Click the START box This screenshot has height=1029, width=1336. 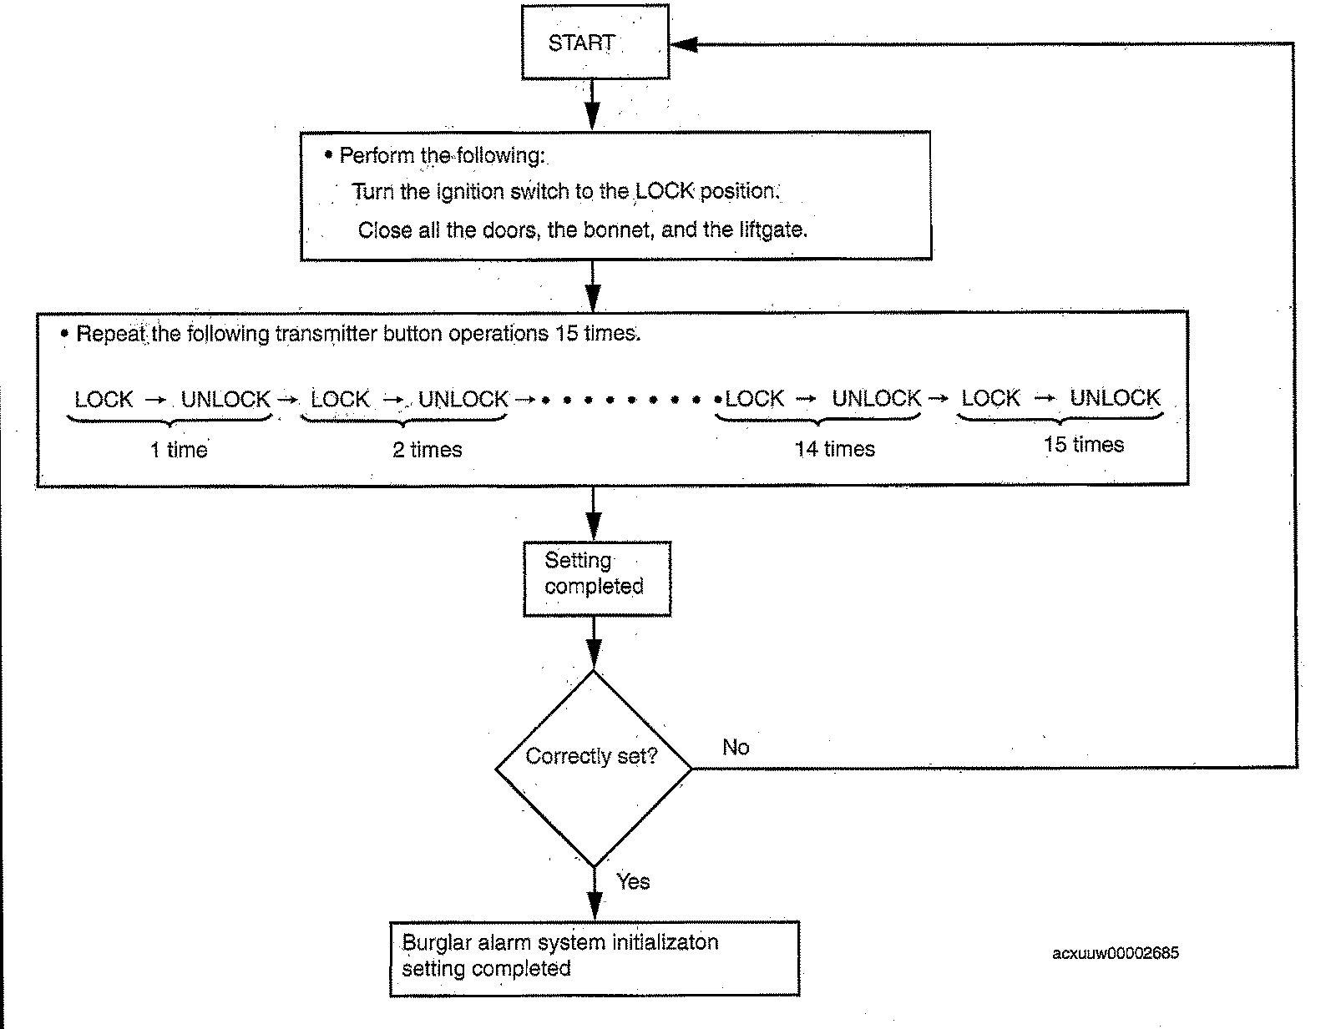pyautogui.click(x=595, y=43)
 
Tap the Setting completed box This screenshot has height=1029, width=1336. pyautogui.click(x=597, y=578)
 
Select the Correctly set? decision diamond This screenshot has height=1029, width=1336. pyautogui.click(x=594, y=768)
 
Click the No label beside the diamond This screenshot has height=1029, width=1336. pyautogui.click(x=736, y=747)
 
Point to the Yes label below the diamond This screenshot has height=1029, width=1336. pyautogui.click(x=633, y=881)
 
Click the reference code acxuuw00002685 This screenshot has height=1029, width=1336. pyautogui.click(x=1116, y=953)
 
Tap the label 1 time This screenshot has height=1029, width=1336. pyautogui.click(x=179, y=450)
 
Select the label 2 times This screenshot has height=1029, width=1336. pyautogui.click(x=428, y=450)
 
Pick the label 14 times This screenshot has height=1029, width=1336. pyautogui.click(x=834, y=449)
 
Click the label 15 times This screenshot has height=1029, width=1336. pyautogui.click(x=1083, y=444)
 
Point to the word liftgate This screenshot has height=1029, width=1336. pyautogui.click(x=773, y=230)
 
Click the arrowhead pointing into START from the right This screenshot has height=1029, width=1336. pyautogui.click(x=684, y=44)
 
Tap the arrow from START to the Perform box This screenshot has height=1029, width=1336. pyautogui.click(x=592, y=105)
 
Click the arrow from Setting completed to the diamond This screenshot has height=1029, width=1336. pyautogui.click(x=594, y=643)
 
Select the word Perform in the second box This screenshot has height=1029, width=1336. pyautogui.click(x=377, y=155)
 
